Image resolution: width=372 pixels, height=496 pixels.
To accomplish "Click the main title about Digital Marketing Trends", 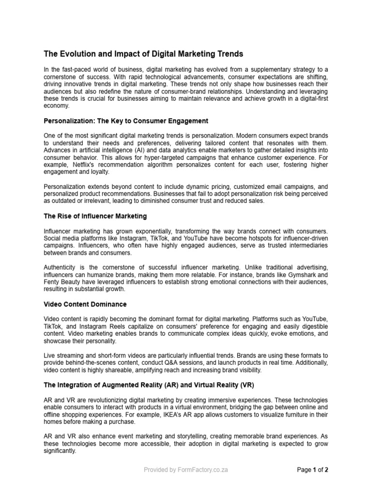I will pyautogui.click(x=143, y=54).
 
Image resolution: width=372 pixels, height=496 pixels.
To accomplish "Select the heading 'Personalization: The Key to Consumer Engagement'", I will pyautogui.click(x=126, y=121).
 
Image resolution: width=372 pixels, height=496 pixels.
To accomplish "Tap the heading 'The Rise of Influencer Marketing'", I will pyautogui.click(x=95, y=216).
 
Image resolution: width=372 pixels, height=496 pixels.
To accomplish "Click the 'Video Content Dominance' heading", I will pyautogui.click(x=85, y=304).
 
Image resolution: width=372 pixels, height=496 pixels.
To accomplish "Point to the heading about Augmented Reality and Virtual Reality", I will pyautogui.click(x=149, y=385).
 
